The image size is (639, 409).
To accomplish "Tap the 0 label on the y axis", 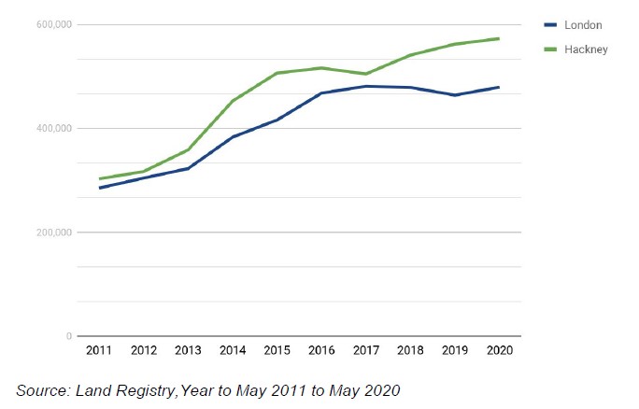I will [68, 336].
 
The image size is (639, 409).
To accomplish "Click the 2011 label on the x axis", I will [99, 350].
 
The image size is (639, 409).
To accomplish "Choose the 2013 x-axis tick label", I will [188, 350].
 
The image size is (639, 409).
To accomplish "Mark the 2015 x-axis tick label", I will [277, 350].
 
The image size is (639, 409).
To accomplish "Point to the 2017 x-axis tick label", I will [366, 350].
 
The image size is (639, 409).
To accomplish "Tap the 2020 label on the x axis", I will [500, 350].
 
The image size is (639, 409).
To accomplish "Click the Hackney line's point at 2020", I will [500, 38].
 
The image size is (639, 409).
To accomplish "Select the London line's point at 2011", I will [99, 188].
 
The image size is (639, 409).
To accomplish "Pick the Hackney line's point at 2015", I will [277, 73].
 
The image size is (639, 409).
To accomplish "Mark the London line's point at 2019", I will [455, 95].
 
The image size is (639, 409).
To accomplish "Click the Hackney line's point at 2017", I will [366, 74].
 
